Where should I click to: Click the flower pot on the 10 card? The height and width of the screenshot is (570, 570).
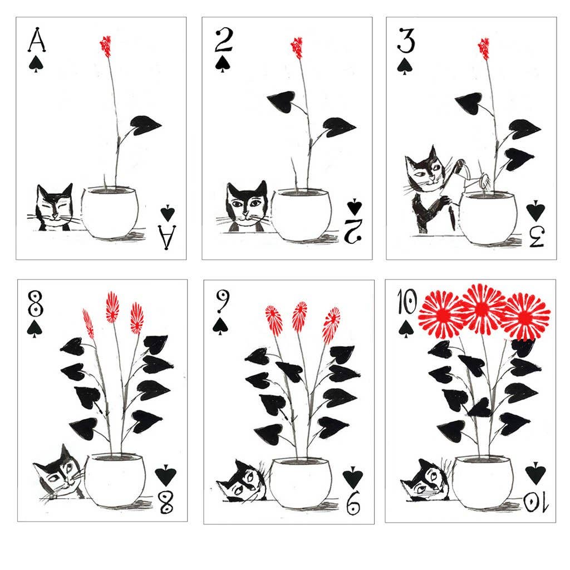(482, 481)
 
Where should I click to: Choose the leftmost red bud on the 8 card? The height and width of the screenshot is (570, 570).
(89, 324)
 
